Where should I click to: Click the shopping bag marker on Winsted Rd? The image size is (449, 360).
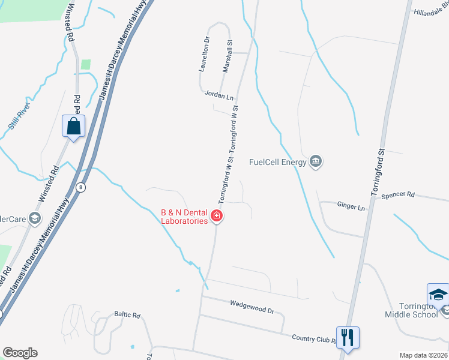click(73, 127)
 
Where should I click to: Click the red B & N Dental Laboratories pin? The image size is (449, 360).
click(217, 216)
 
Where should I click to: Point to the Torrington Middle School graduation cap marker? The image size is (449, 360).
click(438, 295)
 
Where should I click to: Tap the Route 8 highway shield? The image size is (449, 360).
click(80, 188)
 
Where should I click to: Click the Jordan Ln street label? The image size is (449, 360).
click(218, 95)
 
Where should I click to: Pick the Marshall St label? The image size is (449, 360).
click(227, 56)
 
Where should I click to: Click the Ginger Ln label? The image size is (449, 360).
click(351, 208)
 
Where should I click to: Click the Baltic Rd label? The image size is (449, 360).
click(127, 314)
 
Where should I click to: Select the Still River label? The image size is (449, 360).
click(19, 112)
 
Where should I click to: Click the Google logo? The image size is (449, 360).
click(20, 353)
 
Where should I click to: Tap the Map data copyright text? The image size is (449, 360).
click(423, 355)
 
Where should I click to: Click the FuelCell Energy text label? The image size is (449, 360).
click(278, 162)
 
